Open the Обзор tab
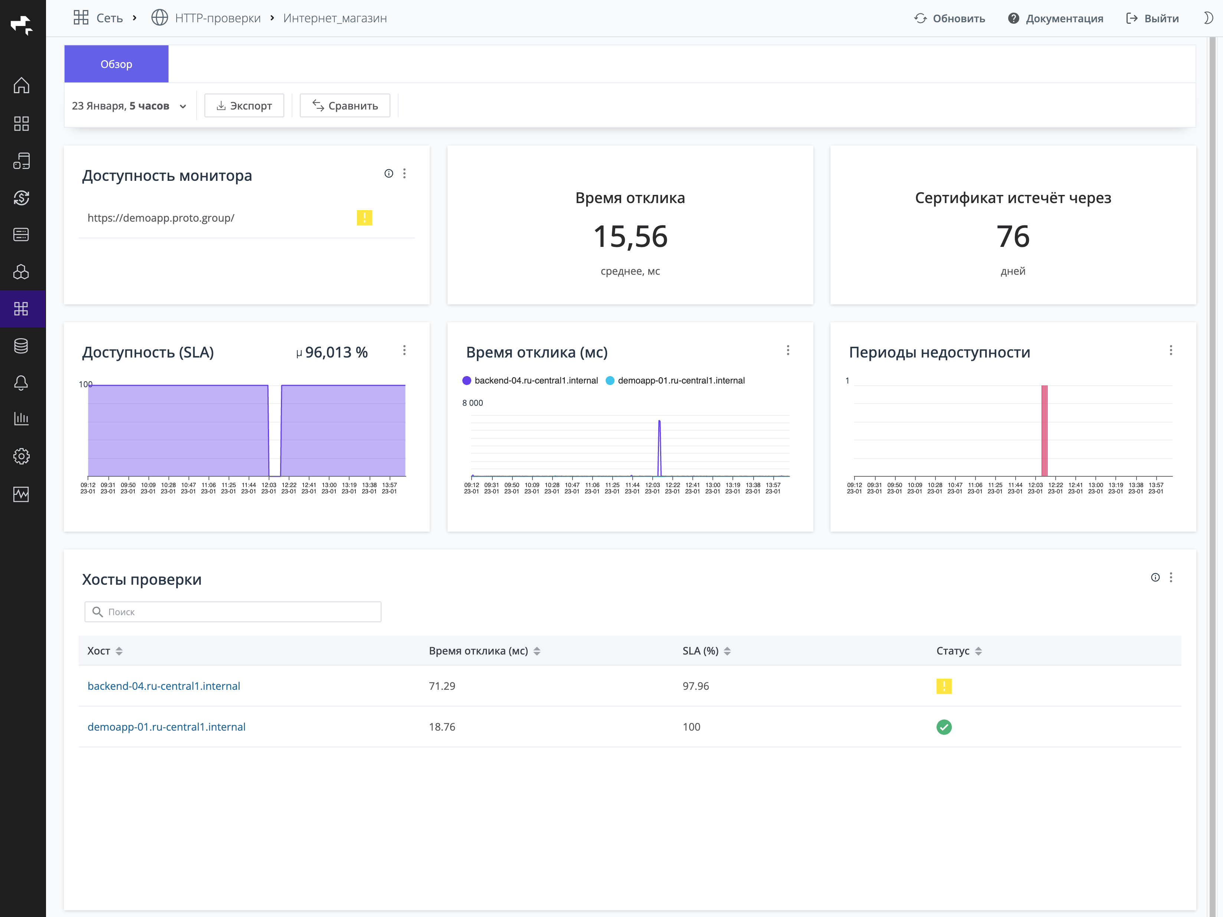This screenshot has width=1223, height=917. [116, 64]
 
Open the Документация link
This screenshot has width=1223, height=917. [1056, 18]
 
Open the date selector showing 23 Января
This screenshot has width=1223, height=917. [129, 106]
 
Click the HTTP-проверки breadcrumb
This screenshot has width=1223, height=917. [217, 18]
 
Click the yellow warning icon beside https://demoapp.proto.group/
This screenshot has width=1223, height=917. [364, 218]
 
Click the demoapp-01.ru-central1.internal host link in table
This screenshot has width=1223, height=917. [167, 727]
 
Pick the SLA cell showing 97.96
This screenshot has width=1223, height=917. [695, 686]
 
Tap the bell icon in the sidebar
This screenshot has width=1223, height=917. [21, 382]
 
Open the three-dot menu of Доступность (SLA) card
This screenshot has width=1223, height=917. [404, 350]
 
